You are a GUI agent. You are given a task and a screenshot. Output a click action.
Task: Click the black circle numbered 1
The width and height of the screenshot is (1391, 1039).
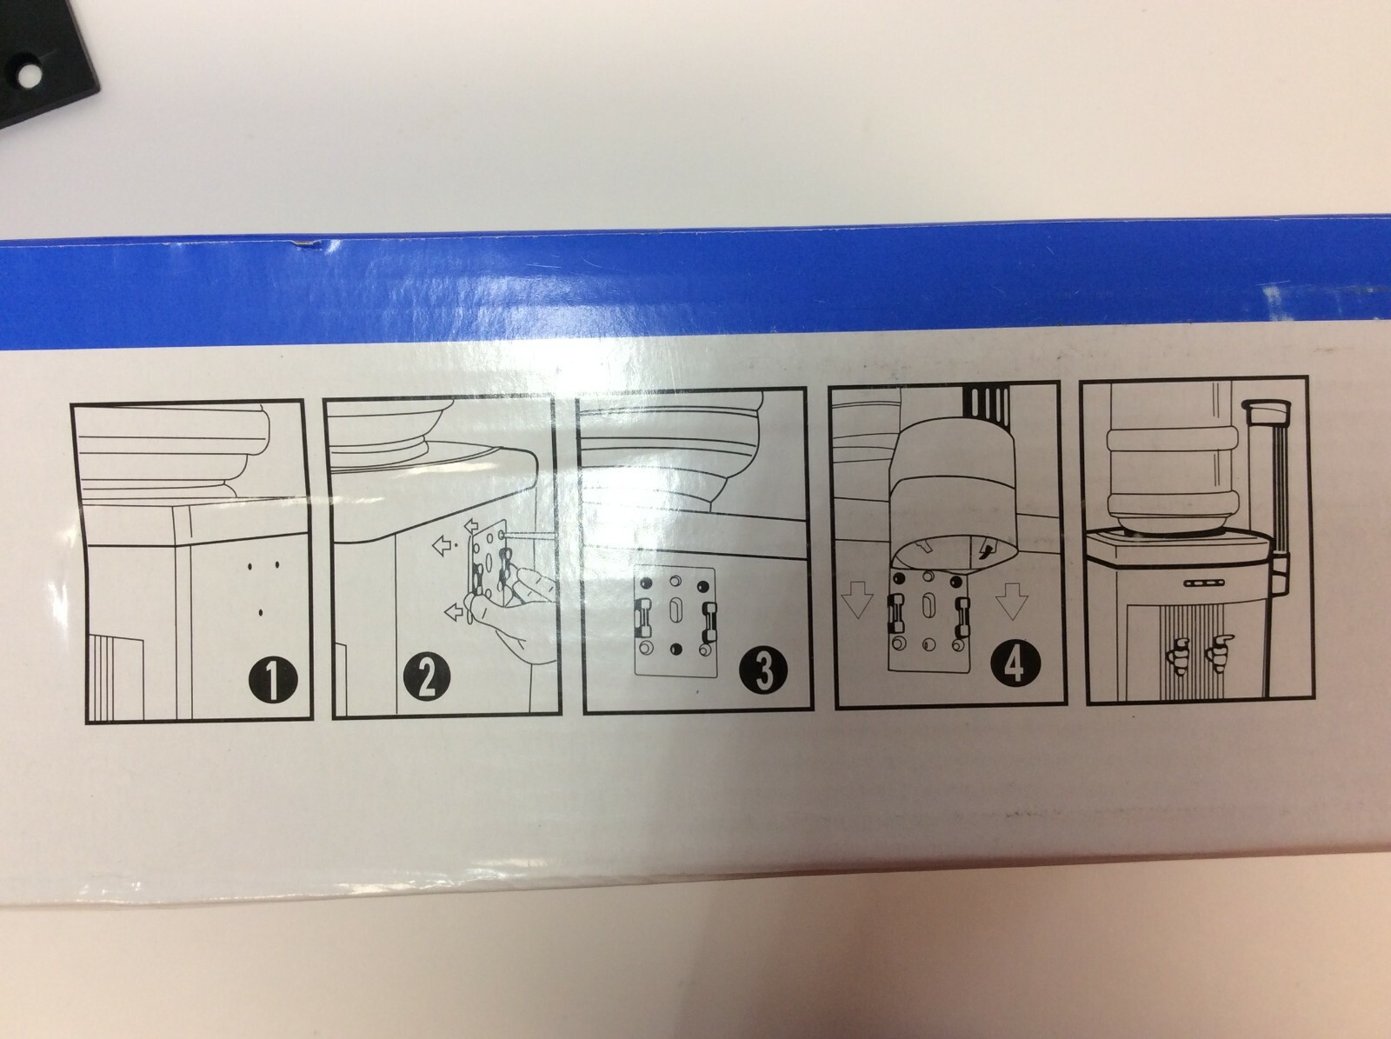coord(273,677)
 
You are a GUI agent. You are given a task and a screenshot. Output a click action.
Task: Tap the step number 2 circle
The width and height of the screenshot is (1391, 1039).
coord(427,678)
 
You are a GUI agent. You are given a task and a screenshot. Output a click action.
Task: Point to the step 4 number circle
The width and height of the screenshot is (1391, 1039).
coord(1015,665)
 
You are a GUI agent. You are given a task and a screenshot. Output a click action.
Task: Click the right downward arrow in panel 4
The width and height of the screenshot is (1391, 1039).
coord(1011,600)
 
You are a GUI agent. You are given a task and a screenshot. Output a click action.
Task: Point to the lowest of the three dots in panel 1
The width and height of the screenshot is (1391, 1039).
coord(260,613)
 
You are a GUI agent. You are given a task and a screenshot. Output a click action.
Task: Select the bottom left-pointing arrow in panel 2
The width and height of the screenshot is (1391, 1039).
coord(456,611)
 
